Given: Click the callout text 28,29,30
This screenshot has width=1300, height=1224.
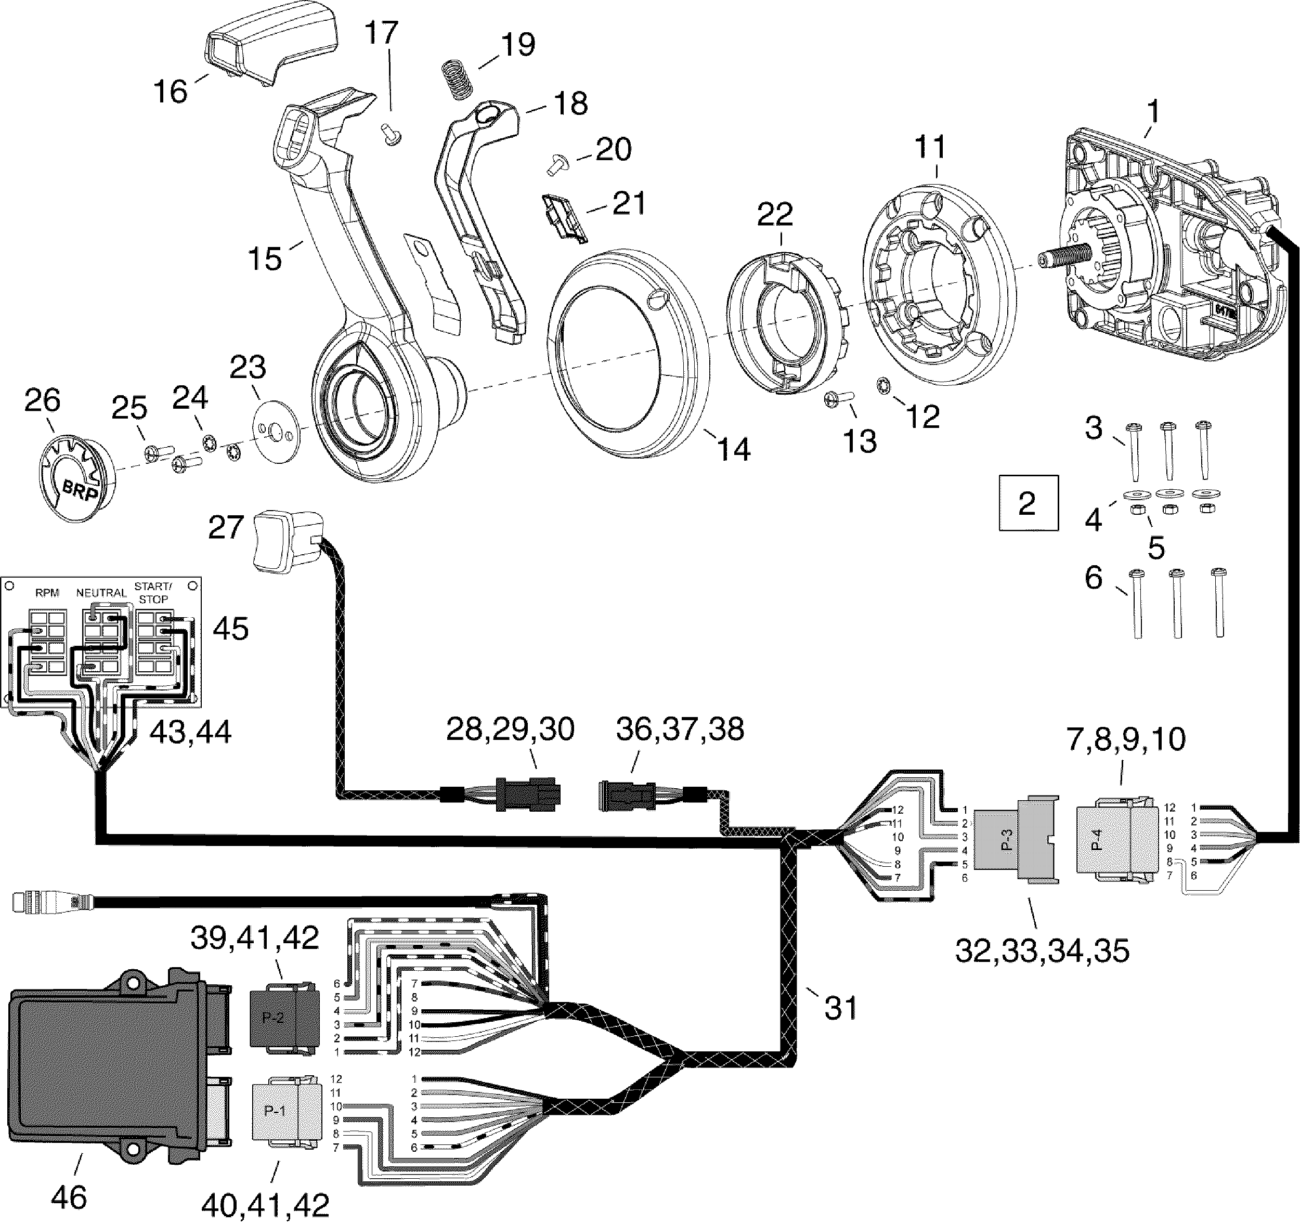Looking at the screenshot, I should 510,729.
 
